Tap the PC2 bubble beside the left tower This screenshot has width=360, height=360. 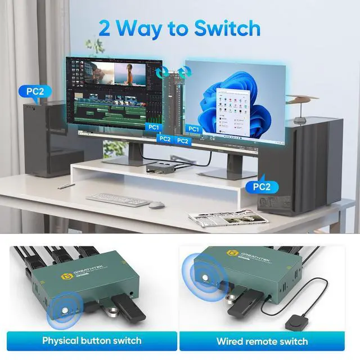pos(35,91)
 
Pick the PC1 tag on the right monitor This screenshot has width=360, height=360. pos(193,129)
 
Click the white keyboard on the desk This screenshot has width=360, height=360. pos(118,199)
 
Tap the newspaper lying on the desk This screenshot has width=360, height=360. pos(212,218)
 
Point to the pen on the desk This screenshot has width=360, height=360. pos(67,183)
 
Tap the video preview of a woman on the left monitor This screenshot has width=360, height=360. pos(131,74)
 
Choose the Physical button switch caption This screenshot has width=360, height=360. pos(92,340)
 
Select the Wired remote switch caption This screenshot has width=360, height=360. pos(262,341)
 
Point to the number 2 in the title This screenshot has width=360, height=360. pos(105,28)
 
